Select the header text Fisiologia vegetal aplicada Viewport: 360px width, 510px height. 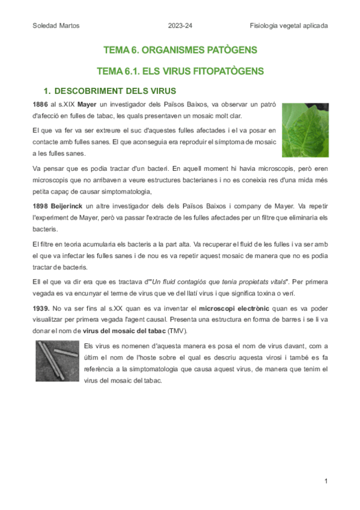point(289,25)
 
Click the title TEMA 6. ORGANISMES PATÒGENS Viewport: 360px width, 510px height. point(180,49)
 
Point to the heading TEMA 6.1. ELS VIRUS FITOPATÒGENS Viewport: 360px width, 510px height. point(180,72)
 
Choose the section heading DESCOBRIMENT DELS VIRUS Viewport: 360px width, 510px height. point(115,91)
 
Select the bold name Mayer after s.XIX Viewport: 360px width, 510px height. point(87,105)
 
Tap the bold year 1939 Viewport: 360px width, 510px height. point(41,308)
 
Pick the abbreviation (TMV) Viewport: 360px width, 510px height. point(177,331)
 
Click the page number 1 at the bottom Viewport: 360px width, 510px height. point(325,481)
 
